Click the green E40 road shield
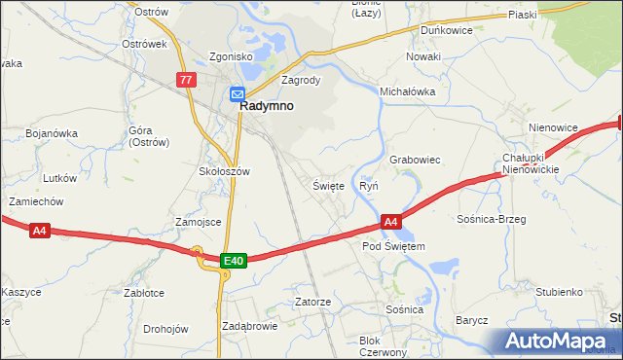click(233, 261)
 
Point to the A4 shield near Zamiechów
click(39, 231)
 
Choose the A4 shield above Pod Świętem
click(389, 223)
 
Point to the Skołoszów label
click(224, 171)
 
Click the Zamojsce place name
click(198, 222)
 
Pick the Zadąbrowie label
click(250, 326)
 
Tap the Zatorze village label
click(313, 303)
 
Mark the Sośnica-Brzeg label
click(491, 219)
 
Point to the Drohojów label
click(165, 329)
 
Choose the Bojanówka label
click(52, 133)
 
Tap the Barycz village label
click(471, 320)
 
